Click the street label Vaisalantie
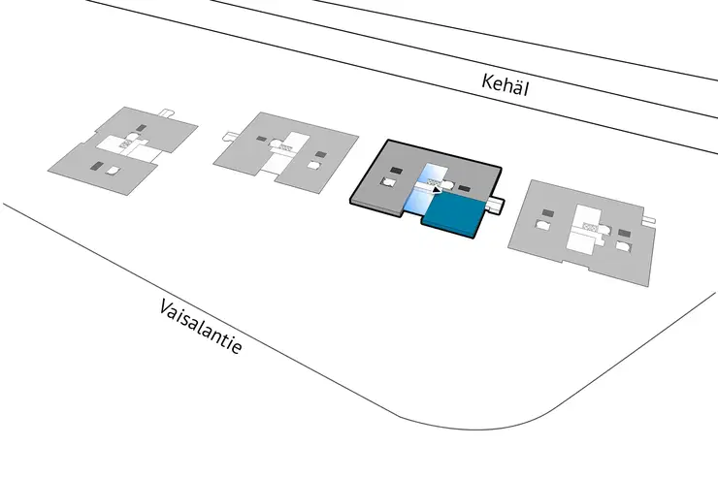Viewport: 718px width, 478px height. coord(200,326)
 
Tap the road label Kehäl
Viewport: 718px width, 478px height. coord(506,85)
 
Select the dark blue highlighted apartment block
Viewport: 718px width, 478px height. coord(455,214)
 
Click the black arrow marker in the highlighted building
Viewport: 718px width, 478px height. coord(437,189)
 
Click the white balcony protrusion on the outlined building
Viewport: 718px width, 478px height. coord(496,205)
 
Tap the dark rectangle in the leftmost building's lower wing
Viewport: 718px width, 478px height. coord(97,166)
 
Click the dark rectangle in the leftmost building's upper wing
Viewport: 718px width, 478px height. coord(142,128)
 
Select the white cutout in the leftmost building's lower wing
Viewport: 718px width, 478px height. coord(114,170)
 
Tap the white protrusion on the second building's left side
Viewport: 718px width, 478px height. coord(229,136)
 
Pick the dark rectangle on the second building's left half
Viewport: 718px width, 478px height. coord(261,139)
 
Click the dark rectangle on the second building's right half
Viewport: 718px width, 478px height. coord(321,154)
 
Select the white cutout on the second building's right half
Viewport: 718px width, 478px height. coord(314,165)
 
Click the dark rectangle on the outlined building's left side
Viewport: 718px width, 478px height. coord(397,171)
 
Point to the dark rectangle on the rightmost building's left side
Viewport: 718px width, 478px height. coord(547,212)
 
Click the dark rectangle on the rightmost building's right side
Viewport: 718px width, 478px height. coord(624,234)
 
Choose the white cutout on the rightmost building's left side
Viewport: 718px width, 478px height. coord(542,224)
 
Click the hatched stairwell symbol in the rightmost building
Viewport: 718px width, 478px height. coord(590,226)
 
